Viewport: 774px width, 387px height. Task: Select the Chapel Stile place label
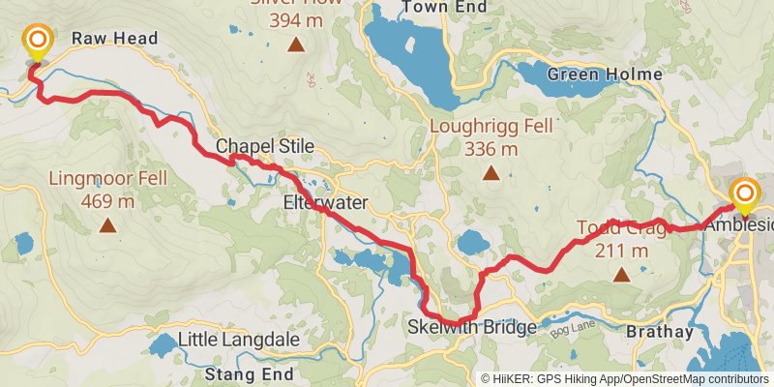(265, 146)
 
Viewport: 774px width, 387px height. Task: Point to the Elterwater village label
(323, 204)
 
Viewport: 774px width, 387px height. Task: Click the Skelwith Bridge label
(472, 328)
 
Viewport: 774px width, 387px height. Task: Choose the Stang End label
(250, 372)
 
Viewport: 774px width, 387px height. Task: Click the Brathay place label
(660, 332)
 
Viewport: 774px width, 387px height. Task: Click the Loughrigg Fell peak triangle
(491, 174)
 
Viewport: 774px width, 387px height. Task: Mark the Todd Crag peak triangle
(620, 275)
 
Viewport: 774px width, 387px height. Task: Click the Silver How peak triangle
(294, 45)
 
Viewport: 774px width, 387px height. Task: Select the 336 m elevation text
(491, 149)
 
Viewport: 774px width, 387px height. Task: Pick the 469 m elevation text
(107, 201)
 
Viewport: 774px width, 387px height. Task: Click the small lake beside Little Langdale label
(164, 343)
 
